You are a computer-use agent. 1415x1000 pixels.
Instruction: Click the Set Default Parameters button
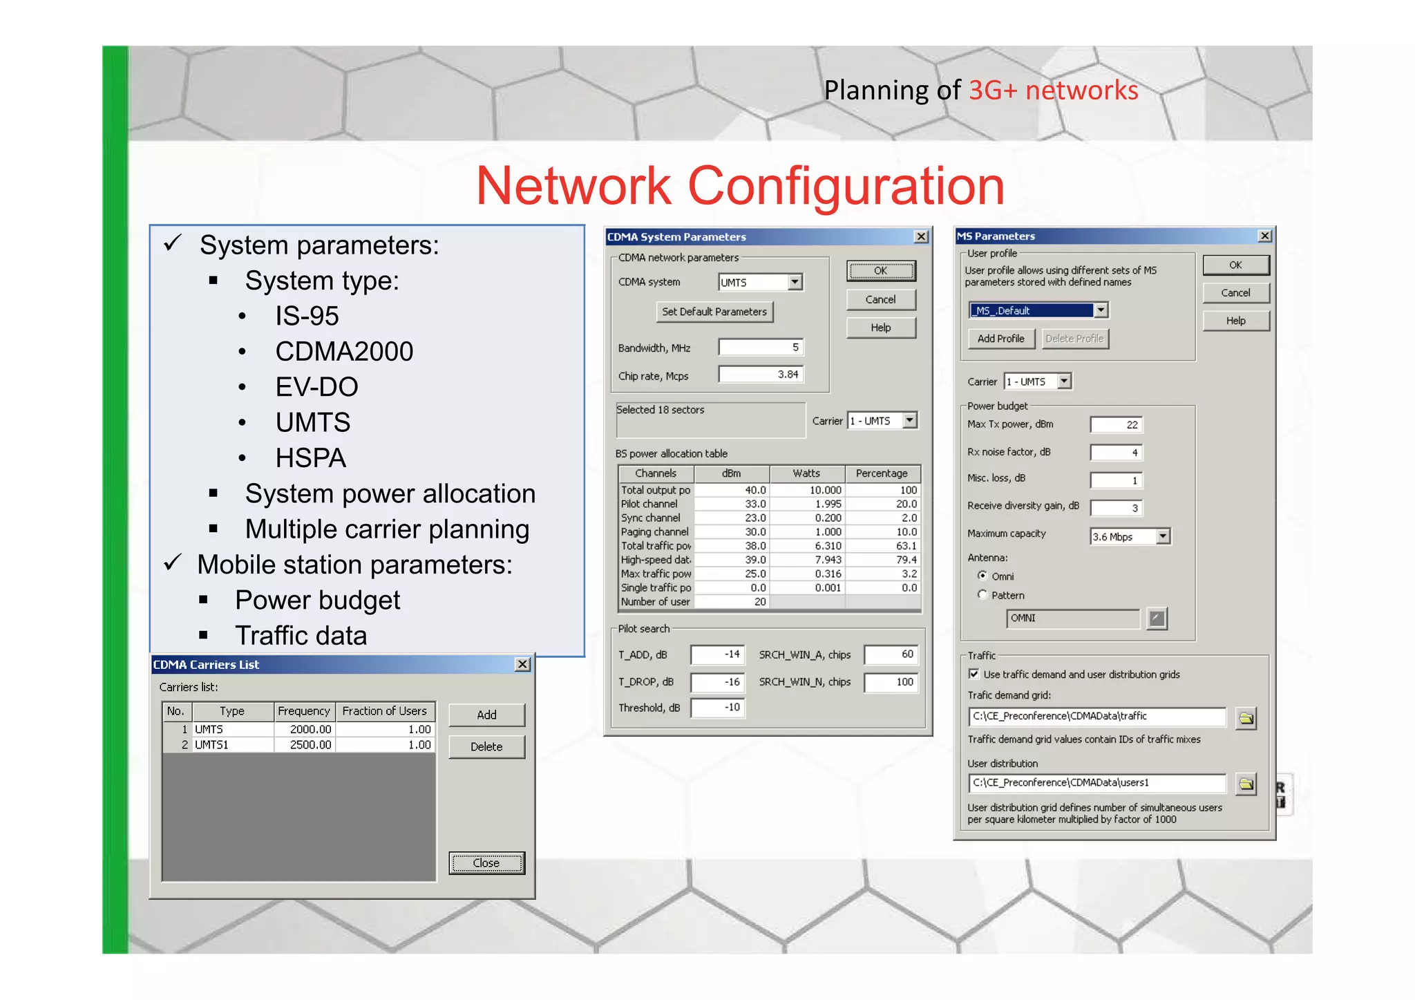[x=714, y=312]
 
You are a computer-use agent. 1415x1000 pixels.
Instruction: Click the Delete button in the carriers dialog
[x=486, y=746]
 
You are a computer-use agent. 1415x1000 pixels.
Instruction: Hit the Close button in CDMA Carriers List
[x=486, y=862]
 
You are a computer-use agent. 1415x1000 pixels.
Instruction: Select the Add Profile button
[x=1000, y=339]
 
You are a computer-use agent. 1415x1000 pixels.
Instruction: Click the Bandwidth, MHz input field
[x=760, y=347]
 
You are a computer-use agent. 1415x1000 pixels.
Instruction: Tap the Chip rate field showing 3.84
[x=760, y=375]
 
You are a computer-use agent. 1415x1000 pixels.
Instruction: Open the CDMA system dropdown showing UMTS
[x=795, y=282]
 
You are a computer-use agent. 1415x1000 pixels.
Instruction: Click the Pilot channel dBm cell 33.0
[x=732, y=504]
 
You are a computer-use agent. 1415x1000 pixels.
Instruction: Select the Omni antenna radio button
[x=982, y=576]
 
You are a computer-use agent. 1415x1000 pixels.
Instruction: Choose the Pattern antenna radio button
[x=982, y=594]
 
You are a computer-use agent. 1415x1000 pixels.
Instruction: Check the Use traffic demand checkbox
[x=974, y=674]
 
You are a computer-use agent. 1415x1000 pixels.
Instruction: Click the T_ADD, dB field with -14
[x=718, y=654]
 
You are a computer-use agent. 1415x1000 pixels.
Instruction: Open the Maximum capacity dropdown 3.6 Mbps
[x=1163, y=536]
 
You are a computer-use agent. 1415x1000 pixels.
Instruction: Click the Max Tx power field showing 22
[x=1116, y=424]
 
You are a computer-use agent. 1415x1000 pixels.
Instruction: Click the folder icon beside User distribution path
[x=1246, y=784]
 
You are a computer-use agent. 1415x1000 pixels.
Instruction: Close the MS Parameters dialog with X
[x=1265, y=236]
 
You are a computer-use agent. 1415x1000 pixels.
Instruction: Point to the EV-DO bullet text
[x=316, y=387]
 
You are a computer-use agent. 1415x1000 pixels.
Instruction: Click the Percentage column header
[x=882, y=473]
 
